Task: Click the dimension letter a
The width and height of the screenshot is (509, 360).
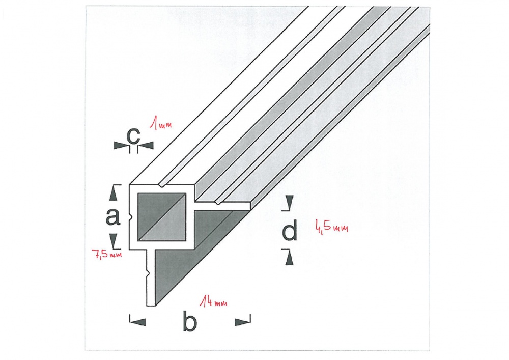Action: pos(112,216)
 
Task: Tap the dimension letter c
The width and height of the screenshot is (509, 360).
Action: pos(133,136)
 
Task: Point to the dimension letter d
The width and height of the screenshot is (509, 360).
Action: pos(289,230)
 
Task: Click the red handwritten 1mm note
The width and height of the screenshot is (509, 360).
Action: pos(160,124)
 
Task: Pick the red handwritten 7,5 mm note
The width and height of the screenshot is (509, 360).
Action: pos(107,254)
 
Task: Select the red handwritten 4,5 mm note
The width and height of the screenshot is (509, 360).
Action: pos(331,226)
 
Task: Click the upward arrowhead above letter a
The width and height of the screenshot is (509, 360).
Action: pos(112,194)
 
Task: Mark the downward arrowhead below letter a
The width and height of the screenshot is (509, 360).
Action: pos(112,240)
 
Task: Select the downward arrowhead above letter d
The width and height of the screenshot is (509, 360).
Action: pos(289,202)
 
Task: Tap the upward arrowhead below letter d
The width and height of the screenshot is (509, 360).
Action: pos(290,259)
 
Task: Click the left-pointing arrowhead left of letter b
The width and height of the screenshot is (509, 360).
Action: pos(137,322)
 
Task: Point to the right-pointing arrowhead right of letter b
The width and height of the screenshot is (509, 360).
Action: pos(242,322)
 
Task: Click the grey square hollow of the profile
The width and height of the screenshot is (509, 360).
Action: pos(162,217)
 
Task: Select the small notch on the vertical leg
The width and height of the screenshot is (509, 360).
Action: pos(148,274)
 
